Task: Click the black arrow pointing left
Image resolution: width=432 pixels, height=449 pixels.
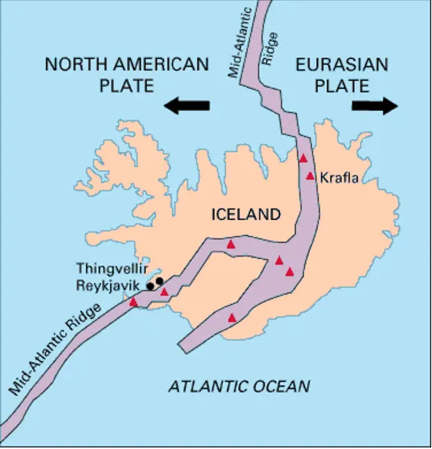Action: click(x=187, y=106)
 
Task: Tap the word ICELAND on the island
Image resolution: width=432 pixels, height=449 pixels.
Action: click(x=245, y=215)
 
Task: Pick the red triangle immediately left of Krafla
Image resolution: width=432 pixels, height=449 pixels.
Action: click(x=310, y=175)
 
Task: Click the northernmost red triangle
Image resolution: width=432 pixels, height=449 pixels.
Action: click(x=303, y=158)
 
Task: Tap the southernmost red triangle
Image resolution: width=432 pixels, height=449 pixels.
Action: click(x=232, y=316)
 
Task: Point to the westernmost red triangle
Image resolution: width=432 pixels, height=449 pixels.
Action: click(x=134, y=302)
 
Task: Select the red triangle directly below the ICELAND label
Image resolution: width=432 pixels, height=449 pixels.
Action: click(x=231, y=244)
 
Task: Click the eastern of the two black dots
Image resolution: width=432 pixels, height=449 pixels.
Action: click(x=160, y=280)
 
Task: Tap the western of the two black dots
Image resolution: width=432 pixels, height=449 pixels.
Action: click(x=152, y=285)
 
